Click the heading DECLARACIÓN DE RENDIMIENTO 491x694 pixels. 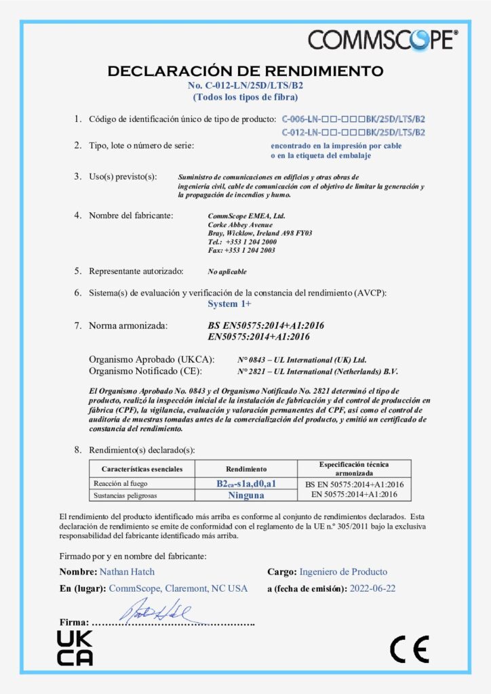(245, 71)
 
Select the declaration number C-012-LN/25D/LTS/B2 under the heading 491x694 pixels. (245, 85)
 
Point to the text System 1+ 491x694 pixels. (229, 304)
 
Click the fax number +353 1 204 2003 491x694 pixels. (242, 249)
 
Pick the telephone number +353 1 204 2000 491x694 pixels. (242, 241)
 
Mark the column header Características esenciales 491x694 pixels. (142, 468)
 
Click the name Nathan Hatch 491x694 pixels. (127, 571)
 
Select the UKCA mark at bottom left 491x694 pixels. (74, 647)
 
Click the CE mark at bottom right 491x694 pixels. (409, 650)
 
